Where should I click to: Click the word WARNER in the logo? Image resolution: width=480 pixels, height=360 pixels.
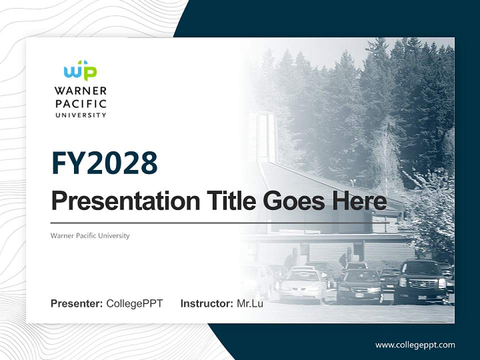[x=80, y=91]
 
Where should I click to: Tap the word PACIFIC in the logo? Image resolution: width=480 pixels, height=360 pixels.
[x=80, y=104]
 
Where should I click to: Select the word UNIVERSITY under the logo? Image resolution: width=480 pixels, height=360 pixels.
[x=80, y=115]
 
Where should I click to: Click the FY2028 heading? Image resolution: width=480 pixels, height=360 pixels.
[x=104, y=163]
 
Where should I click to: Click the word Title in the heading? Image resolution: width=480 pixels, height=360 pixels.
[x=229, y=201]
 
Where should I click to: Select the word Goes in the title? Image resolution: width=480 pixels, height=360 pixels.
[x=292, y=201]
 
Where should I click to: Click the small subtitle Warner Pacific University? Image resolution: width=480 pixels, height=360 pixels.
[x=90, y=235]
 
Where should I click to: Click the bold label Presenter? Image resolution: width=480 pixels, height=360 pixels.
[x=77, y=303]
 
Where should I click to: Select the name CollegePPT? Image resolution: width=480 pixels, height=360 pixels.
[x=134, y=303]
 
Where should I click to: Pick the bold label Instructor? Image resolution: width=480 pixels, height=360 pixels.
[x=206, y=303]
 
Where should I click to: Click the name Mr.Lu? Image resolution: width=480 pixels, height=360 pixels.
[x=249, y=303]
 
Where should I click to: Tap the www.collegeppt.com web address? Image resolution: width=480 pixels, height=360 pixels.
[x=415, y=344]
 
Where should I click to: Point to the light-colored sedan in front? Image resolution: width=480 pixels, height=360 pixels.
[x=302, y=285]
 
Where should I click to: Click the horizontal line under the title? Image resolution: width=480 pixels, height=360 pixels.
[x=220, y=222]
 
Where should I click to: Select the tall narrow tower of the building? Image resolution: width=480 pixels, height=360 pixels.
[x=265, y=137]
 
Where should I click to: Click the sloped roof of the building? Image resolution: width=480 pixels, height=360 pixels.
[x=320, y=185]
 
